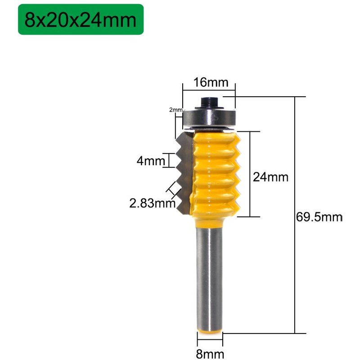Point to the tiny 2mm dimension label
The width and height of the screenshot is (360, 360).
175,110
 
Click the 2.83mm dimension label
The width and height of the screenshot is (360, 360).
152,203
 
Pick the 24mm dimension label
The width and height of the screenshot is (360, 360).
270,177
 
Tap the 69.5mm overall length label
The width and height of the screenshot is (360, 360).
319,218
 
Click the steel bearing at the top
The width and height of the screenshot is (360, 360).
210,117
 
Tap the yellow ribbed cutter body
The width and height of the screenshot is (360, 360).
216,171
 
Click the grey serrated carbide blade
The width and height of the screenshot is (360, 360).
185,171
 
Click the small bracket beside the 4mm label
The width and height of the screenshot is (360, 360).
170,160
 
